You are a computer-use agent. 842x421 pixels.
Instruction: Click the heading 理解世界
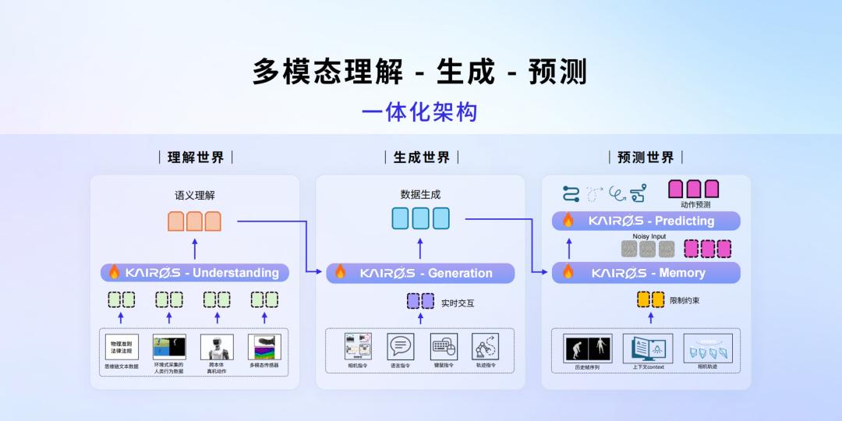tap(196, 157)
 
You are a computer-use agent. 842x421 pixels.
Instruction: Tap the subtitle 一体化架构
tap(419, 112)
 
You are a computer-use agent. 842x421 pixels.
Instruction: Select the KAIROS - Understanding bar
tap(195, 273)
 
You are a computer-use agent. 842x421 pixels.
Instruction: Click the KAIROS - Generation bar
tap(421, 273)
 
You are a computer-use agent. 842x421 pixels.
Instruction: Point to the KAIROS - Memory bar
tap(646, 273)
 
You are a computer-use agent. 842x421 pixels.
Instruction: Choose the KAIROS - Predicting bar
tap(646, 221)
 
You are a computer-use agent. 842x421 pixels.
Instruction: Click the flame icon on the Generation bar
tap(340, 272)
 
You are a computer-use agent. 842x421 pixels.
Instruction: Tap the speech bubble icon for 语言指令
tap(400, 346)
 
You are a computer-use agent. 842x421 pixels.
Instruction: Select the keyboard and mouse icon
tap(443, 346)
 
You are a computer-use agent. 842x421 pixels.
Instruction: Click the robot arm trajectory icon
tap(486, 346)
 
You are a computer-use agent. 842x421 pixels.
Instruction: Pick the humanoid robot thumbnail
tap(217, 347)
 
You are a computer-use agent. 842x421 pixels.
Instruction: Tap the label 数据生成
tap(420, 195)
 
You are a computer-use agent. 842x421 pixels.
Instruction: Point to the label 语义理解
tap(194, 195)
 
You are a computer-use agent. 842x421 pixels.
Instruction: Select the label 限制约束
tap(685, 299)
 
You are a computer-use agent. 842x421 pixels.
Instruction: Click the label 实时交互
tap(458, 303)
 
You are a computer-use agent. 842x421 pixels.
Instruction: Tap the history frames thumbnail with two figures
tap(588, 348)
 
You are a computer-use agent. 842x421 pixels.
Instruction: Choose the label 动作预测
tap(695, 205)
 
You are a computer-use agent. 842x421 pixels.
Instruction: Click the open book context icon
tap(648, 348)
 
